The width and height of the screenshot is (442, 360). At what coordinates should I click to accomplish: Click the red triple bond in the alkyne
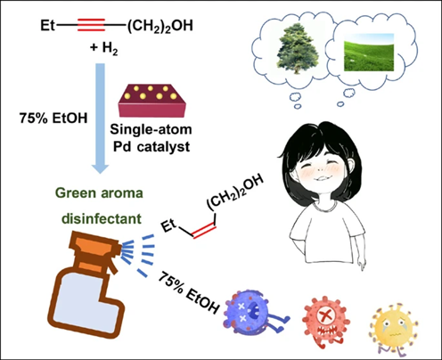[x=91, y=25]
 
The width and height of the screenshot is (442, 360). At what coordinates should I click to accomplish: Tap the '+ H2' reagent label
[x=104, y=48]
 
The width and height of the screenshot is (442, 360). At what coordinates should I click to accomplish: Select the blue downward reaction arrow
[x=100, y=119]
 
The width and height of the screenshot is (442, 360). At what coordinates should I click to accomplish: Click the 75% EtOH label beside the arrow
[x=53, y=119]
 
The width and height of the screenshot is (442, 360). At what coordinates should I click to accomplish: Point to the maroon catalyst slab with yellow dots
[x=151, y=101]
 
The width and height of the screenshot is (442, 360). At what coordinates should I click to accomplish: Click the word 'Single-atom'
[x=151, y=129]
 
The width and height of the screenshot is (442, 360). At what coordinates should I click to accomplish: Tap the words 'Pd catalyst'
[x=151, y=147]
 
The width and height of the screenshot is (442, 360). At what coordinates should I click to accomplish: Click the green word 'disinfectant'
[x=102, y=219]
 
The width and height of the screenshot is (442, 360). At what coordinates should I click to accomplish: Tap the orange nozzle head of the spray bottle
[x=95, y=248]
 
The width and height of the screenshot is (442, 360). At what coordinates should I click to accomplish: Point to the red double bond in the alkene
[x=205, y=231]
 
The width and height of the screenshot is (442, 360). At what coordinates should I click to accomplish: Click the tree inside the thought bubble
[x=295, y=49]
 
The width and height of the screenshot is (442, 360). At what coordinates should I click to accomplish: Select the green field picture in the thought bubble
[x=369, y=53]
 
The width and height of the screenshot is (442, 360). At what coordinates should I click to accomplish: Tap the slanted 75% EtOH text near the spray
[x=188, y=293]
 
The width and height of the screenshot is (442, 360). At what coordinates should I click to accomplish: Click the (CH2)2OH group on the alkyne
[x=160, y=26]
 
